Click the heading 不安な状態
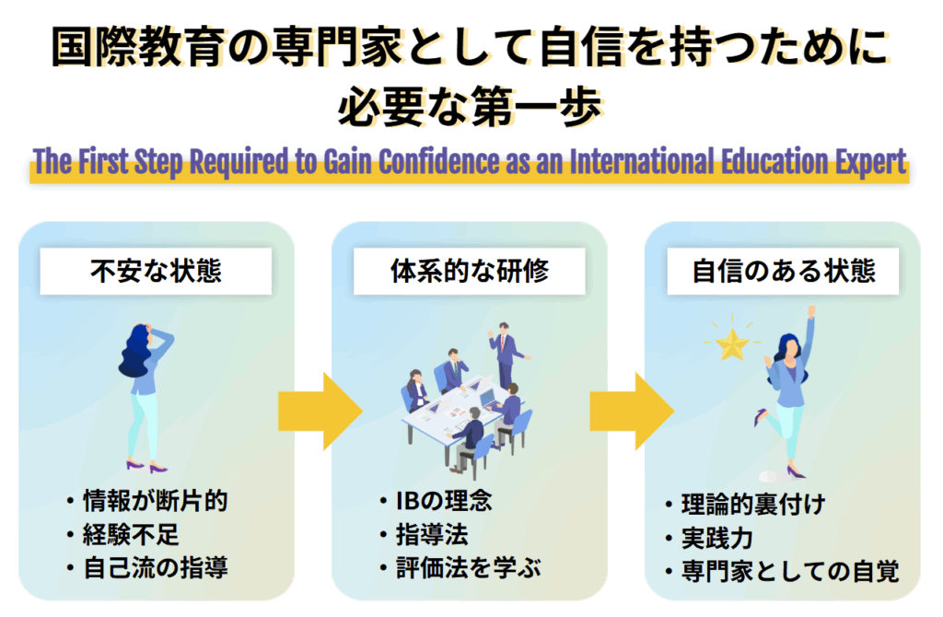click(x=156, y=273)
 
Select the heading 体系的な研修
click(x=469, y=273)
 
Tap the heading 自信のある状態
click(x=783, y=273)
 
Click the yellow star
click(x=733, y=345)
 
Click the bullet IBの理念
click(x=441, y=502)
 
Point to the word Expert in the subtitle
click(x=868, y=163)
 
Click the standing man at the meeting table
click(x=504, y=355)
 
